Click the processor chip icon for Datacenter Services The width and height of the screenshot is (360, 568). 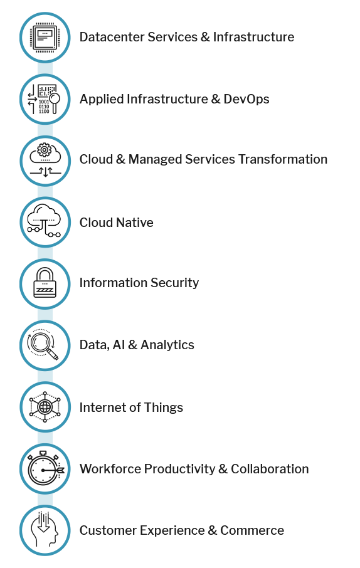click(x=45, y=38)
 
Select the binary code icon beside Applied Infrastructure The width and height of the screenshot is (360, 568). click(x=45, y=99)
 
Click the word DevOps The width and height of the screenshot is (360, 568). click(x=246, y=100)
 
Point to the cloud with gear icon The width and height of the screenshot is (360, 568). click(x=45, y=160)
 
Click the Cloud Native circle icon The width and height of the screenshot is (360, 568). click(x=45, y=222)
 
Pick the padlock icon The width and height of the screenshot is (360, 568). click(x=45, y=283)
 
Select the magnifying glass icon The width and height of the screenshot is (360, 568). click(x=43, y=344)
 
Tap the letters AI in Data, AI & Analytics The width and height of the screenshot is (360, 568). click(x=119, y=345)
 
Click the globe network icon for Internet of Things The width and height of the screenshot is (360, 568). click(x=45, y=407)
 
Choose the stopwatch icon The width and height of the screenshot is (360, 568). click(x=45, y=468)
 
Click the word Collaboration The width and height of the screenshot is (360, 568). click(x=270, y=469)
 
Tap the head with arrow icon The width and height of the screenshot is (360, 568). click(x=45, y=530)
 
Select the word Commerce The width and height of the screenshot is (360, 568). click(x=252, y=530)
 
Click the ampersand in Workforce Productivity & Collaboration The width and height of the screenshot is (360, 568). click(x=223, y=469)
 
